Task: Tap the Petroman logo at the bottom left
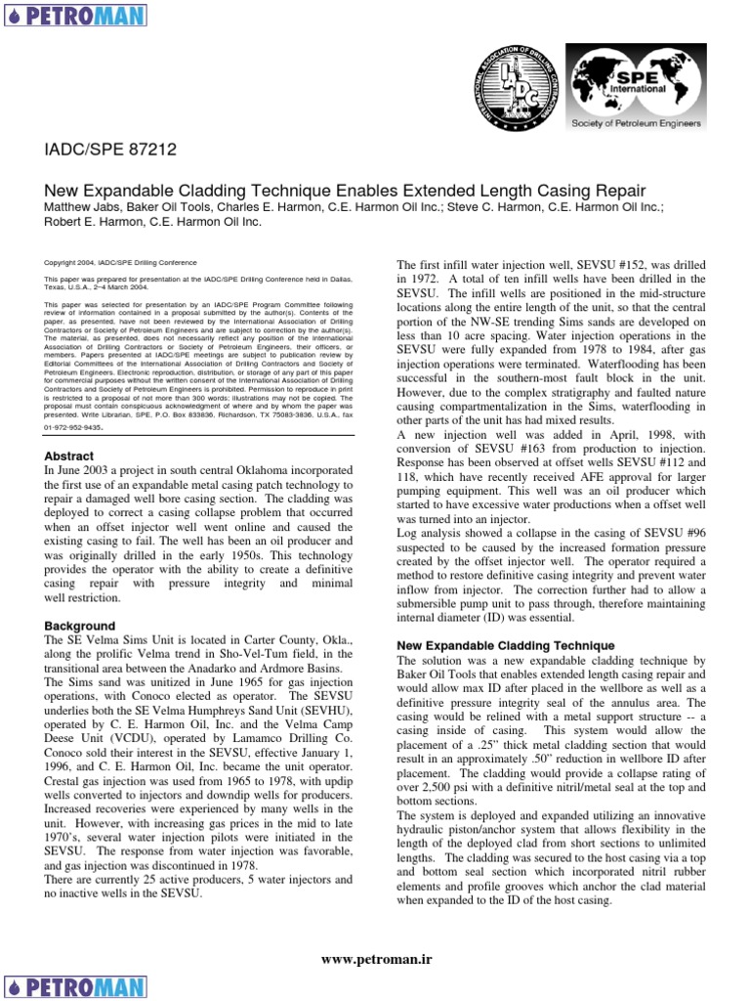[75, 985]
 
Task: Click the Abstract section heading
[69, 456]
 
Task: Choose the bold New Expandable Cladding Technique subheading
[505, 646]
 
